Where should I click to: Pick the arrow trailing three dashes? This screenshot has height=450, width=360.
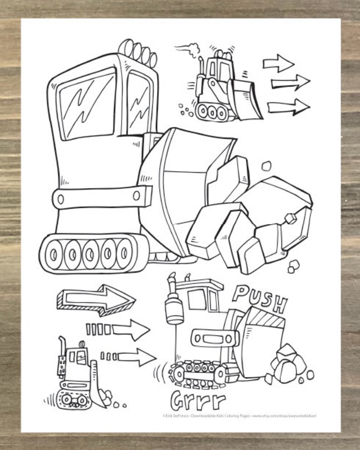pyautogui.click(x=129, y=356)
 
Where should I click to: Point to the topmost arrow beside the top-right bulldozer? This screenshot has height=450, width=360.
pyautogui.click(x=278, y=63)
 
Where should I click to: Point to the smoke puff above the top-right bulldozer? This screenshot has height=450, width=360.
pyautogui.click(x=194, y=47)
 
